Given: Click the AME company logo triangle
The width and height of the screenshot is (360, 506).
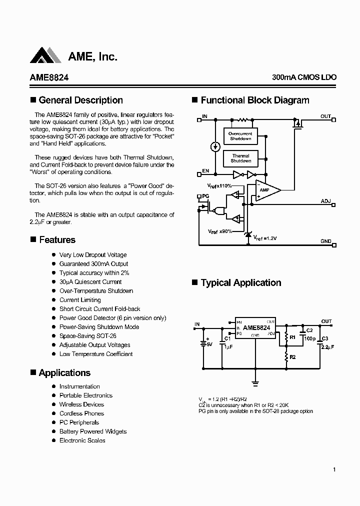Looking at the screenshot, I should [45, 56].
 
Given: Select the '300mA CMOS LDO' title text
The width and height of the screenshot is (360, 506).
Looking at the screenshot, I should [304, 78].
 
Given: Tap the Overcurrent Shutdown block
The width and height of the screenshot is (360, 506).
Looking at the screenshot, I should [240, 136].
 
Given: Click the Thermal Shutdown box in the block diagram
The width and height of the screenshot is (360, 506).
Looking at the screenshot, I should [240, 158].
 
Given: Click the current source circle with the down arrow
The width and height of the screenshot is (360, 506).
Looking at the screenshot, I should [215, 146].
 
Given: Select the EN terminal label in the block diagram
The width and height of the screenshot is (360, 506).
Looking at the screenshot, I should [205, 171].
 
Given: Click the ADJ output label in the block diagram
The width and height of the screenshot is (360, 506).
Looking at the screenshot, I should [325, 201].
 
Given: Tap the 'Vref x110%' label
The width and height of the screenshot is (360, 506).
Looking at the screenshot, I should [219, 186].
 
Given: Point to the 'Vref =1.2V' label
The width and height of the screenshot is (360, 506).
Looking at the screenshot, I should [265, 237].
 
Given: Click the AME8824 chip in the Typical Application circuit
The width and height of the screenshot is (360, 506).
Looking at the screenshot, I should [255, 328].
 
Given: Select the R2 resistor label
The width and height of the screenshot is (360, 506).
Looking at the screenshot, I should [292, 357].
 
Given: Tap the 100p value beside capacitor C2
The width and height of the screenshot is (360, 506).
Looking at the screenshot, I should [309, 338].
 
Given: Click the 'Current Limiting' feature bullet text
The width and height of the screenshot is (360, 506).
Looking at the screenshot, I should [80, 300].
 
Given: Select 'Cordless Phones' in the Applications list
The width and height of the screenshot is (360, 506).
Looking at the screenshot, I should [81, 413].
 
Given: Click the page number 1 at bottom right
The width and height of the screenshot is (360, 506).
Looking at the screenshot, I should [333, 469].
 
